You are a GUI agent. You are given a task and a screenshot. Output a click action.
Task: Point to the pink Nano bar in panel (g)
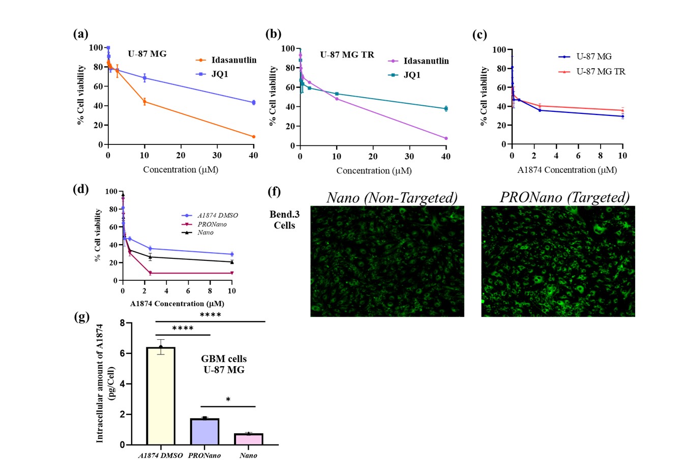(248, 439)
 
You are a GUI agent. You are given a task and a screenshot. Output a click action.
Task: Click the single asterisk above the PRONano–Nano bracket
(228, 400)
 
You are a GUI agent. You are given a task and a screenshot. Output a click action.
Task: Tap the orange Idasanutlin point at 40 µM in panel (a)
(253, 137)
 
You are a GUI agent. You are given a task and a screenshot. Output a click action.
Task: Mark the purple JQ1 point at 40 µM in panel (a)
(253, 102)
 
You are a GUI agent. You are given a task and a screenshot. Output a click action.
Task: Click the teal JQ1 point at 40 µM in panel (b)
(446, 108)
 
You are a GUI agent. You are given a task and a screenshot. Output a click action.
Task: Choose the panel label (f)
(274, 192)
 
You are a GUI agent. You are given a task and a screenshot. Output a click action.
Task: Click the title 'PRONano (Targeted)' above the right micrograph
(564, 197)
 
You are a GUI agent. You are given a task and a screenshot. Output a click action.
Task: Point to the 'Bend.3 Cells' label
(284, 220)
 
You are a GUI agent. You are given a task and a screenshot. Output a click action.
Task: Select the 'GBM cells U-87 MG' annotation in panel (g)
(224, 365)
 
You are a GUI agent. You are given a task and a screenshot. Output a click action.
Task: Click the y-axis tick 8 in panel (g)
(122, 323)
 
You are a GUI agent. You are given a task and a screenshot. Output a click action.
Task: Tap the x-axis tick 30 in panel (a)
(217, 156)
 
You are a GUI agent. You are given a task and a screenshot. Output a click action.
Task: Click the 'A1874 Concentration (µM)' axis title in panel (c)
(567, 170)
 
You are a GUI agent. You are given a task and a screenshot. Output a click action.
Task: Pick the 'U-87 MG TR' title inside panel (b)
(347, 55)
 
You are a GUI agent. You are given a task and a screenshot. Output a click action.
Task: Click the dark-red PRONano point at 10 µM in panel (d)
(232, 273)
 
